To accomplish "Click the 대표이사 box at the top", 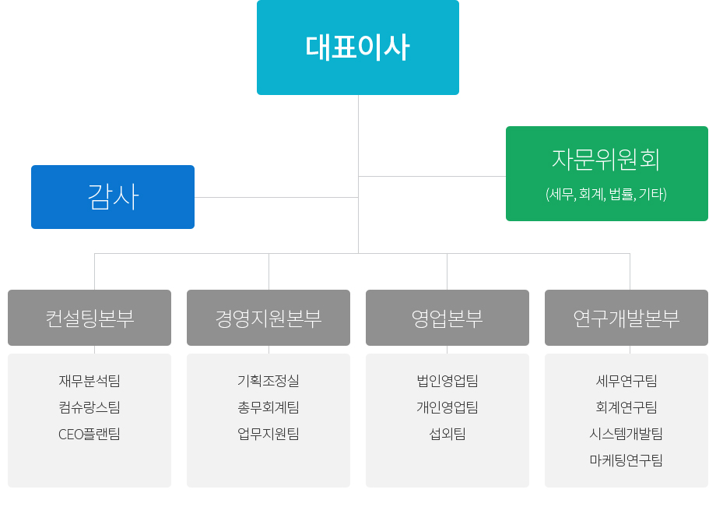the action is (357, 48).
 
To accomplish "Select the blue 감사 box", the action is (113, 197).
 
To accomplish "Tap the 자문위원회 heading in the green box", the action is (606, 160).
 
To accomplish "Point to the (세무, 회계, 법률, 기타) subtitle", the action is (606, 194).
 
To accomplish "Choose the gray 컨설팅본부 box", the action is (89, 318).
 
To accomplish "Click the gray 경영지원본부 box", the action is (268, 318).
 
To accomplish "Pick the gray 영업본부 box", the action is (447, 318).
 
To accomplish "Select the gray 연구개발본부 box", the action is (626, 318).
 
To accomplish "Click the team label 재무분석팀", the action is (89, 381).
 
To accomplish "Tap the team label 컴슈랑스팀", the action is (89, 407).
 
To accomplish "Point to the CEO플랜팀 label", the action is (89, 434).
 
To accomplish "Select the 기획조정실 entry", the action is (268, 381).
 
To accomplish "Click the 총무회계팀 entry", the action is (268, 407).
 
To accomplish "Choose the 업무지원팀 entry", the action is (268, 434).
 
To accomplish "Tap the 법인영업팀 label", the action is (447, 381).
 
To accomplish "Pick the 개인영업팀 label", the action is (447, 407).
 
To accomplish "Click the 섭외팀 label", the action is (447, 434).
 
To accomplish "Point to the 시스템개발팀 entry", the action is (626, 434).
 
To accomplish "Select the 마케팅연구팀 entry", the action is (626, 460).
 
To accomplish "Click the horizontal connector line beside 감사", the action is (276, 197).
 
